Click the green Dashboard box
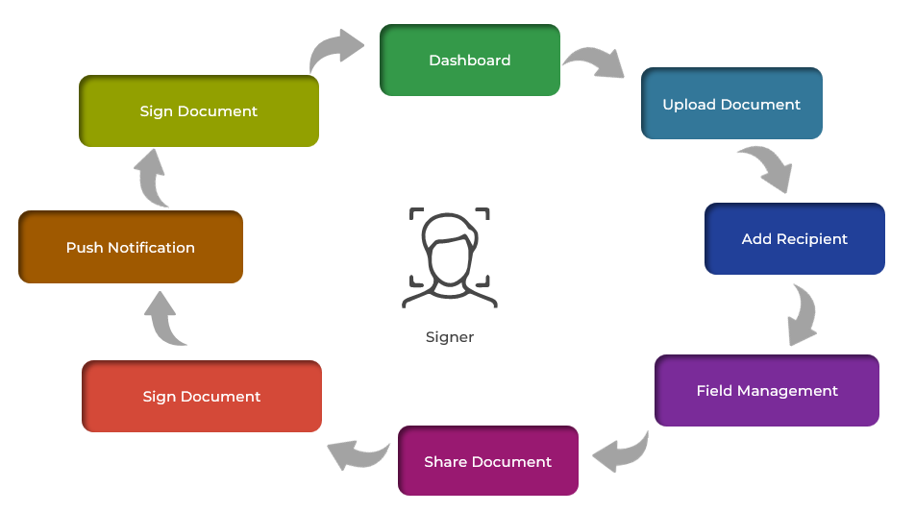pos(469,61)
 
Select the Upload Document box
pos(731,104)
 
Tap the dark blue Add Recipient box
pos(794,238)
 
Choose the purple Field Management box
pos(766,391)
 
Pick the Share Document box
pos(487,461)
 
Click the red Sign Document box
pos(201,396)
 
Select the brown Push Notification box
pos(130,247)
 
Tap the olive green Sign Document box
pos(198,110)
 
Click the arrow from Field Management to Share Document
pos(622,450)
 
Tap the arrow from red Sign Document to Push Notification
pos(166,319)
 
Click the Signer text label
pos(450,337)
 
